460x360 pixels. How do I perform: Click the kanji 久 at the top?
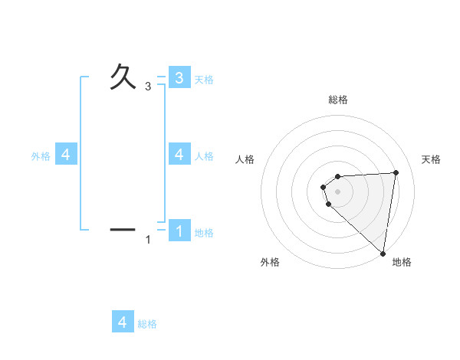coord(123,77)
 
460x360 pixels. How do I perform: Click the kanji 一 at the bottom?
coord(123,228)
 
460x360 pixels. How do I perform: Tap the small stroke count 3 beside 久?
coord(148,87)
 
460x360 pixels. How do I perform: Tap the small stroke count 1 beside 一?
coord(148,241)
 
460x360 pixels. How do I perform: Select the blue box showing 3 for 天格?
coord(179,78)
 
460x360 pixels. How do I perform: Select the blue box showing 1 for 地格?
coord(179,231)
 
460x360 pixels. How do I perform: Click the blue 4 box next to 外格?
coord(66,155)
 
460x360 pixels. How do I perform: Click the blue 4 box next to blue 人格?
coord(179,155)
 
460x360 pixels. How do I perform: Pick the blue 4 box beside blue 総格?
coord(123,322)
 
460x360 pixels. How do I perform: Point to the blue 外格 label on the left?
coord(41,155)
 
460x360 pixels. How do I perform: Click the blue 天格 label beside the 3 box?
coord(204,79)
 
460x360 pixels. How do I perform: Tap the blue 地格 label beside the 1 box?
coord(204,232)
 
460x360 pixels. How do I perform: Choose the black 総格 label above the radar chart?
coord(338,100)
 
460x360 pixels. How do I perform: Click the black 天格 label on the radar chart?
coord(432,159)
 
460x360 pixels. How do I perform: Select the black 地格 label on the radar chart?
coord(402,262)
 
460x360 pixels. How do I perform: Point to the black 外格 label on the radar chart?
coord(270,262)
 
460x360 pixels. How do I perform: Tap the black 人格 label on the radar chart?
coord(245,159)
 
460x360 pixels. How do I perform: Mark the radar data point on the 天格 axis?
coord(396,172)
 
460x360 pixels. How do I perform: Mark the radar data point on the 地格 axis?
coord(383,254)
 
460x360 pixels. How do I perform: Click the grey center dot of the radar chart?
coord(338,191)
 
